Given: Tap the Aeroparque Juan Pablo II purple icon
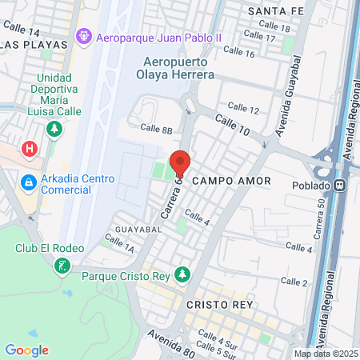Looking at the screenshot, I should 83,36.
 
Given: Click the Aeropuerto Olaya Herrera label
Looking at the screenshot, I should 179,68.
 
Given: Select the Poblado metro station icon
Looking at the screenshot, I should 341,186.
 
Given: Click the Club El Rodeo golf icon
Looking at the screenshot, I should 62,266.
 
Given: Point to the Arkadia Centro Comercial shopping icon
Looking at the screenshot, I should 28,183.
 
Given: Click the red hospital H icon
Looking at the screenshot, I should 30,149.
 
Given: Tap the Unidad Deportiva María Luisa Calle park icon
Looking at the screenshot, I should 54,128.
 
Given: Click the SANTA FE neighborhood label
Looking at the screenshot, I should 276,10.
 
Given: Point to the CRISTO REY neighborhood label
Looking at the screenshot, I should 219,305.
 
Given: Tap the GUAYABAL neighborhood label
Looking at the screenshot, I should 139,229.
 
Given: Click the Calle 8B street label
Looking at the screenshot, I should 156,128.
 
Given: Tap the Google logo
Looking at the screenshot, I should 26,350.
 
